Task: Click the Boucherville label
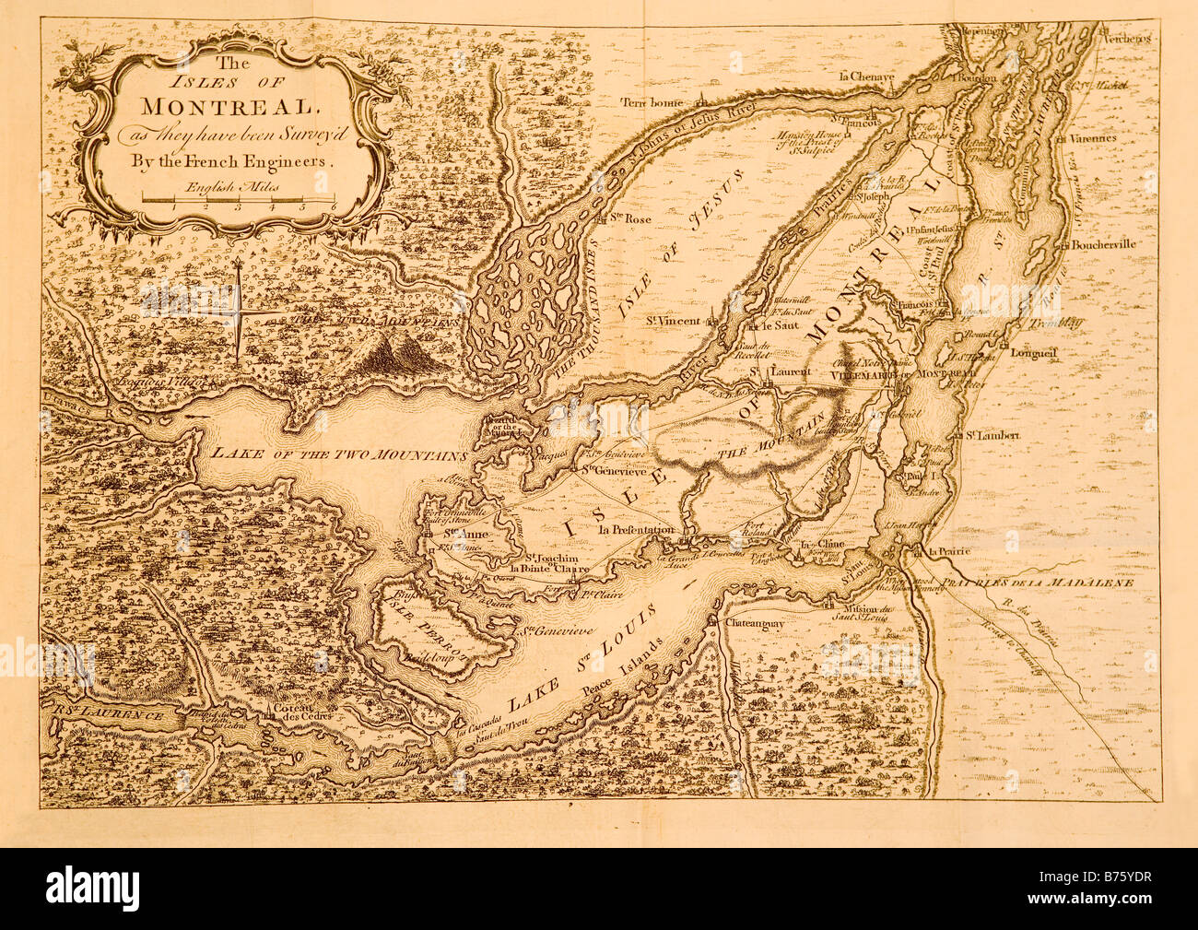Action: (1105, 245)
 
